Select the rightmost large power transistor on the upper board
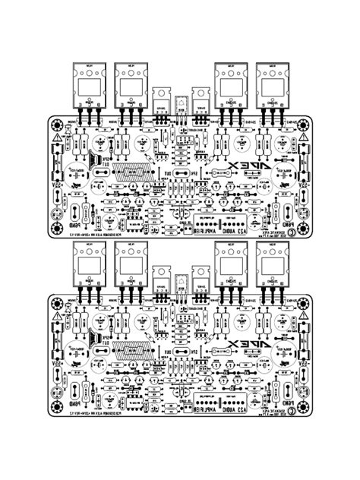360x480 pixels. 273,81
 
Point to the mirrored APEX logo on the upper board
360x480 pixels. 243,168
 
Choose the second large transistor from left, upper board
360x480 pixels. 130,81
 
